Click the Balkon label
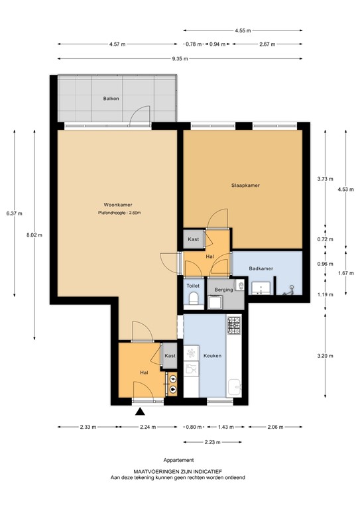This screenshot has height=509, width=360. (x=111, y=98)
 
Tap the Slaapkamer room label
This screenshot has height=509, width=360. (x=245, y=186)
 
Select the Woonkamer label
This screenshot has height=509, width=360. (x=118, y=205)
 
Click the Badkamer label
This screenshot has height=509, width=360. (x=261, y=268)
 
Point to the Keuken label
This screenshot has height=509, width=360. (x=212, y=356)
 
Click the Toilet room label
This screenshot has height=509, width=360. (x=193, y=286)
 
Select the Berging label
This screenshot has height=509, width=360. (x=223, y=290)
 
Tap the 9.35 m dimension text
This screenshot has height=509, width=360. (x=180, y=59)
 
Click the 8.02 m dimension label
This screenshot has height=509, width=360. (x=34, y=235)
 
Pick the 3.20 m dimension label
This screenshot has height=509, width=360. (x=326, y=356)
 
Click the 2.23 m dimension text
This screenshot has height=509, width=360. (x=213, y=442)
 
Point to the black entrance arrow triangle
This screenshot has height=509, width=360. (x=140, y=412)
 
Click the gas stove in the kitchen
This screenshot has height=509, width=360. (x=234, y=325)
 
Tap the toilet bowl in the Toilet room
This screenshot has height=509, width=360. (x=194, y=298)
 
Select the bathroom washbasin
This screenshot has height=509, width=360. (x=261, y=288)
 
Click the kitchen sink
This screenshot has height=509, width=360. (x=234, y=387)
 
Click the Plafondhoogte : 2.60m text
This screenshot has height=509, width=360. (x=119, y=213)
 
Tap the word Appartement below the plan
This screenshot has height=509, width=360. (x=178, y=460)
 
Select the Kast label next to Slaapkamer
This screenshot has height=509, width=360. (x=194, y=239)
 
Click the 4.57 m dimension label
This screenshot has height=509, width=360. (x=117, y=44)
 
